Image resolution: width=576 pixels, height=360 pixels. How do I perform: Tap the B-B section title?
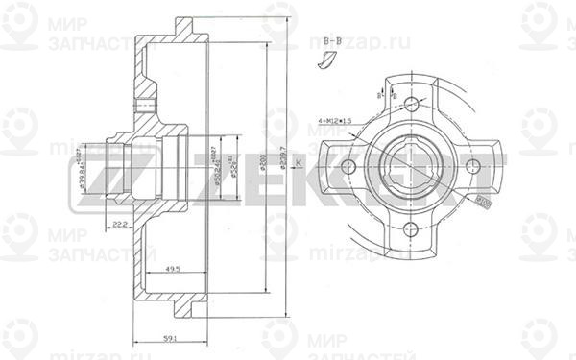click(x=333, y=40)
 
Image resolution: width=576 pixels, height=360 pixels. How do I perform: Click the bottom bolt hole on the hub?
click(x=412, y=228)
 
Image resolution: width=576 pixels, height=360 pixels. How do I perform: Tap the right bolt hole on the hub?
click(x=473, y=166)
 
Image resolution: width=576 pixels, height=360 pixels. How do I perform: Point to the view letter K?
click(x=297, y=165)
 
